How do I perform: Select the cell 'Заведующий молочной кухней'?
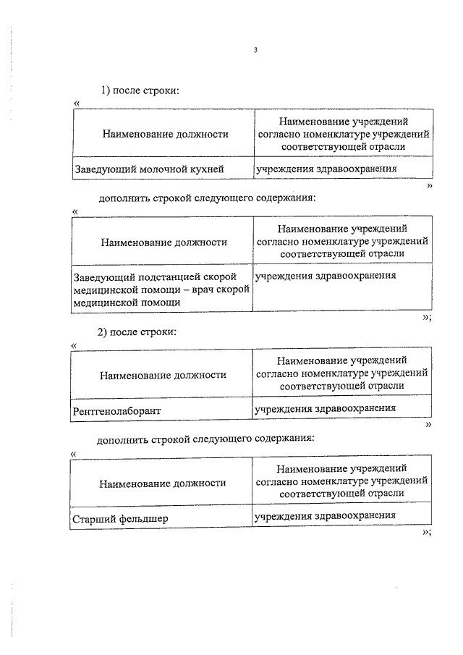[x=148, y=169]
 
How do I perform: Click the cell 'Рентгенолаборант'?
[x=116, y=410]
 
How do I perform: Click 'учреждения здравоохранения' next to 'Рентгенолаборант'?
[x=325, y=408]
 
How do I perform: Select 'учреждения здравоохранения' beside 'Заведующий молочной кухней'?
[x=326, y=169]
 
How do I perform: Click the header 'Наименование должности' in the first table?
[x=165, y=134]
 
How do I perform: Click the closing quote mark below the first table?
[x=430, y=186]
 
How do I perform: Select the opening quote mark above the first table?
[x=77, y=103]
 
